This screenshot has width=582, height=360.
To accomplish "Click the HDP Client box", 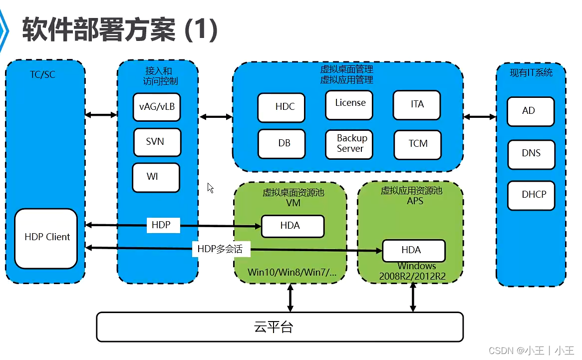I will coord(46,238).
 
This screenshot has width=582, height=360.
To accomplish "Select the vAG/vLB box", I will coord(157,107).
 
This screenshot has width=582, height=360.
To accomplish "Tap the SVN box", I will coord(157,142).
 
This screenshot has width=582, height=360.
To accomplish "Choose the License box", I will coord(349,104).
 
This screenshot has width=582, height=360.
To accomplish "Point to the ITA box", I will coord(417,105).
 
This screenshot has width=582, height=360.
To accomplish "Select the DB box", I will coord(284,143).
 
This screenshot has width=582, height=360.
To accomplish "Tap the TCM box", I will coord(417,144).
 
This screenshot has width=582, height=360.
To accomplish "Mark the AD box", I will coord(531,111).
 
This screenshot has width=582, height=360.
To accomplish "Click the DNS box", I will coord(531,154).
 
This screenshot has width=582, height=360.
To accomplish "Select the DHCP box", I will coord(531,195).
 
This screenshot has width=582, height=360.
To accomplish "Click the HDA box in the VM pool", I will coord(292,226).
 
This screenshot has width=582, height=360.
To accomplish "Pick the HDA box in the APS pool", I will coord(413,250).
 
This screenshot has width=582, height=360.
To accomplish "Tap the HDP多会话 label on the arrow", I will coord(220,249).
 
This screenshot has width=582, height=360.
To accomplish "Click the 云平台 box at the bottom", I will coord(280,327).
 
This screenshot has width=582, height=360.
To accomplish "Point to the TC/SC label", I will coord(42,75).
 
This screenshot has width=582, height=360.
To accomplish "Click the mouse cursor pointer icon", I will coord(211,188).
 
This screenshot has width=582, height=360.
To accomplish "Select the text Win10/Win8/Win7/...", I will coord(292,273).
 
